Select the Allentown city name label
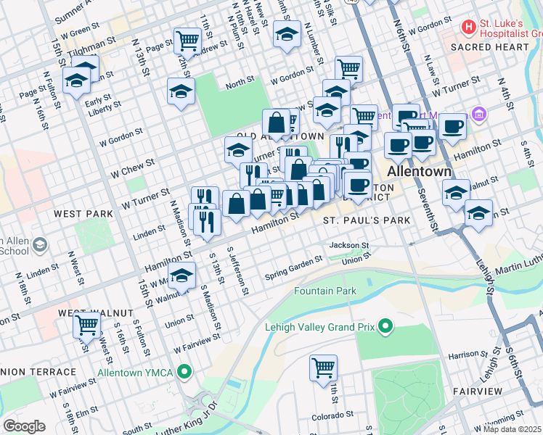point(420,172)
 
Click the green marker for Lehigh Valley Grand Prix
point(385,327)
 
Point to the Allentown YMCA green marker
point(185,373)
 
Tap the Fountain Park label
point(325,291)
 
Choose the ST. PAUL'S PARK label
point(367,220)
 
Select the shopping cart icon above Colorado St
point(323,366)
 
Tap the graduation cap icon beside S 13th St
point(182,275)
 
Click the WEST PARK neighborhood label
point(83,214)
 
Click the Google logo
point(24,426)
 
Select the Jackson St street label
point(349,246)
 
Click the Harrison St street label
point(467,355)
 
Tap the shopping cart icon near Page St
point(188,39)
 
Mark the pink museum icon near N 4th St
point(478,114)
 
